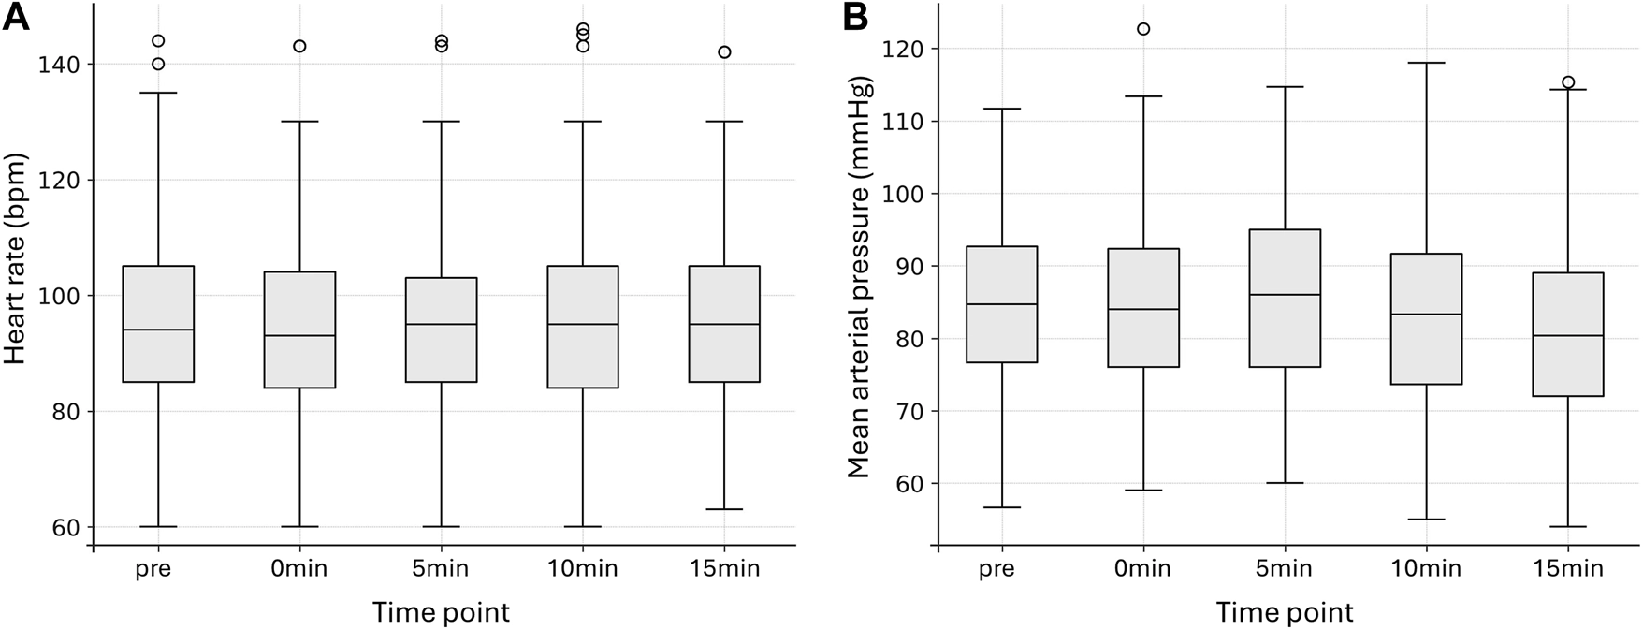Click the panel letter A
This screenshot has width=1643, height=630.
pos(16,18)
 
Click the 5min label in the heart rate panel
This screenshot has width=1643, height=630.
pos(442,568)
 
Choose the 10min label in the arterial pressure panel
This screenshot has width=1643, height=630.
pos(1426,568)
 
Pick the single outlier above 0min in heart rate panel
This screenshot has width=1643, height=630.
pos(299,46)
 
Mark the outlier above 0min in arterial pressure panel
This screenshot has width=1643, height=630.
pos(1142,29)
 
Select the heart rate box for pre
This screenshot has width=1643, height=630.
pos(158,324)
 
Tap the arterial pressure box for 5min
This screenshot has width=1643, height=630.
pos(1284,298)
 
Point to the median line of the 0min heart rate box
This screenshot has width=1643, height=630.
pos(299,335)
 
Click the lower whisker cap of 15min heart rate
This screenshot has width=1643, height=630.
pos(723,509)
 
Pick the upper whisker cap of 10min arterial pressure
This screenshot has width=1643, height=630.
pos(1426,63)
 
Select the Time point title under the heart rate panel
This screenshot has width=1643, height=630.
pos(441,613)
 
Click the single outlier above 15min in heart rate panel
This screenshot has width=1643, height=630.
pos(724,52)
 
